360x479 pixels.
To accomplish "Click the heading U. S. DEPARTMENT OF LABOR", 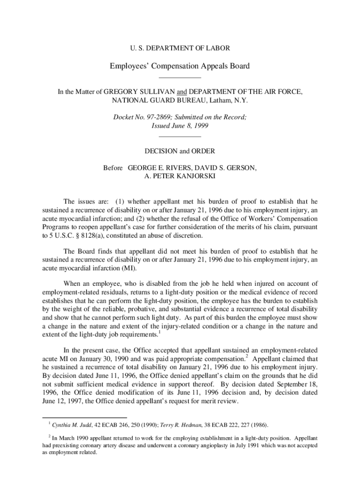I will (x=180, y=48).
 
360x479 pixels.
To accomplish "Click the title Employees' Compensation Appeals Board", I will (x=180, y=66).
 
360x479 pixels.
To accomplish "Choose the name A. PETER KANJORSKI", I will (x=180, y=176).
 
